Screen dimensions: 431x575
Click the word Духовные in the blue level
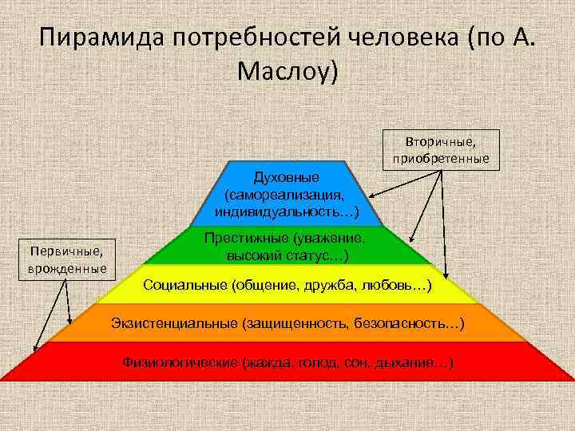286,176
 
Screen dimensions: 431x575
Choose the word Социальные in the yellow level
184,285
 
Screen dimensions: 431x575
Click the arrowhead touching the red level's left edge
35,349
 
